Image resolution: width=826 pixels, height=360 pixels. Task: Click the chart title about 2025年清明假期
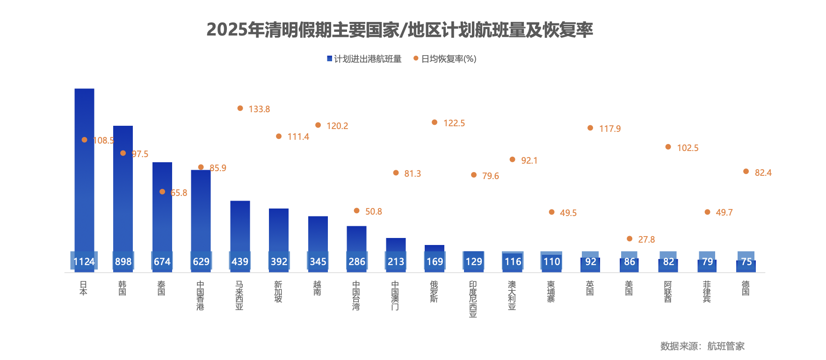click(x=399, y=30)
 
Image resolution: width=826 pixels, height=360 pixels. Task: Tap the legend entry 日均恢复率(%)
click(x=445, y=59)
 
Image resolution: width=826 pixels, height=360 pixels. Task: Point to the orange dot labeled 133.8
click(x=240, y=108)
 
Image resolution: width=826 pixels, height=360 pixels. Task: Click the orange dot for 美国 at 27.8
click(x=630, y=239)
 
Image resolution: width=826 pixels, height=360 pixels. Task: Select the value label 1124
click(x=84, y=262)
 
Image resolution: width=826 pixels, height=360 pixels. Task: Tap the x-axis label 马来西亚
click(x=239, y=295)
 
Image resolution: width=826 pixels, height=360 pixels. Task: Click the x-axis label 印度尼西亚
click(x=473, y=299)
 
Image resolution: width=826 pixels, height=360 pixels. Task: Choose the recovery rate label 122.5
click(x=454, y=123)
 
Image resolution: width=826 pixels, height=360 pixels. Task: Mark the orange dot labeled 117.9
click(x=590, y=128)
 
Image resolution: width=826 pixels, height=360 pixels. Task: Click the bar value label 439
click(x=240, y=262)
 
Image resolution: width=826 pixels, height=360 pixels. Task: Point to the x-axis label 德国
click(x=746, y=288)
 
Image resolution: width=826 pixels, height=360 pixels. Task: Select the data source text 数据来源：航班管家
click(x=702, y=346)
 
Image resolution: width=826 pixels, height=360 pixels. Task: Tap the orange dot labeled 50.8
click(x=356, y=211)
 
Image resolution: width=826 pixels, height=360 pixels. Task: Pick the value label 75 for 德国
click(x=746, y=262)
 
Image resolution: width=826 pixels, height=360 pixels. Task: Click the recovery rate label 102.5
click(x=688, y=148)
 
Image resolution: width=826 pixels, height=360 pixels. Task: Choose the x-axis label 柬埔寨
click(x=551, y=291)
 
